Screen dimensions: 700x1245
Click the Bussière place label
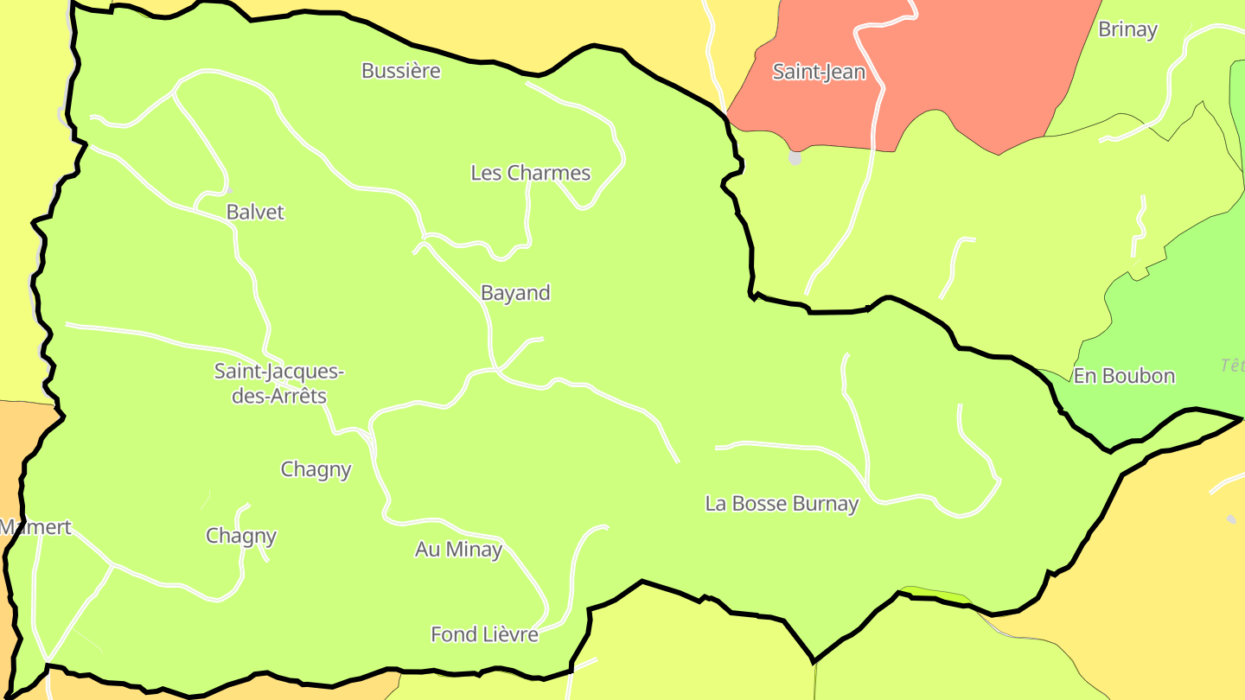pyautogui.click(x=400, y=71)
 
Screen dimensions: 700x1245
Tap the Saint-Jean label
pyautogui.click(x=818, y=72)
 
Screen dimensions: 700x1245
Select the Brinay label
pyautogui.click(x=1127, y=29)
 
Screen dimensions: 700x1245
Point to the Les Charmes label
pyautogui.click(x=530, y=173)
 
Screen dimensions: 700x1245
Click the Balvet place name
pyautogui.click(x=255, y=212)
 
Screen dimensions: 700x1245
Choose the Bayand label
pyautogui.click(x=515, y=293)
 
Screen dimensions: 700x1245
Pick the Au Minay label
pyautogui.click(x=458, y=549)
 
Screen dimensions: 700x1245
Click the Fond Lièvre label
pyautogui.click(x=484, y=634)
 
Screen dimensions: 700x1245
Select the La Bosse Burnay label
pyautogui.click(x=782, y=504)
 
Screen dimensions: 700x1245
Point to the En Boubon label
pyautogui.click(x=1124, y=376)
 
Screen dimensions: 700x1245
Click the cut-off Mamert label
pyautogui.click(x=35, y=527)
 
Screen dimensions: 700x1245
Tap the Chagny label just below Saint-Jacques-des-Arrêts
pyautogui.click(x=316, y=469)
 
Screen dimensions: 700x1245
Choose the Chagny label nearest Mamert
pyautogui.click(x=241, y=536)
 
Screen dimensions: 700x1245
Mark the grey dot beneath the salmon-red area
pyautogui.click(x=795, y=158)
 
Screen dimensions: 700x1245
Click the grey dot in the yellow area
pyautogui.click(x=1231, y=519)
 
